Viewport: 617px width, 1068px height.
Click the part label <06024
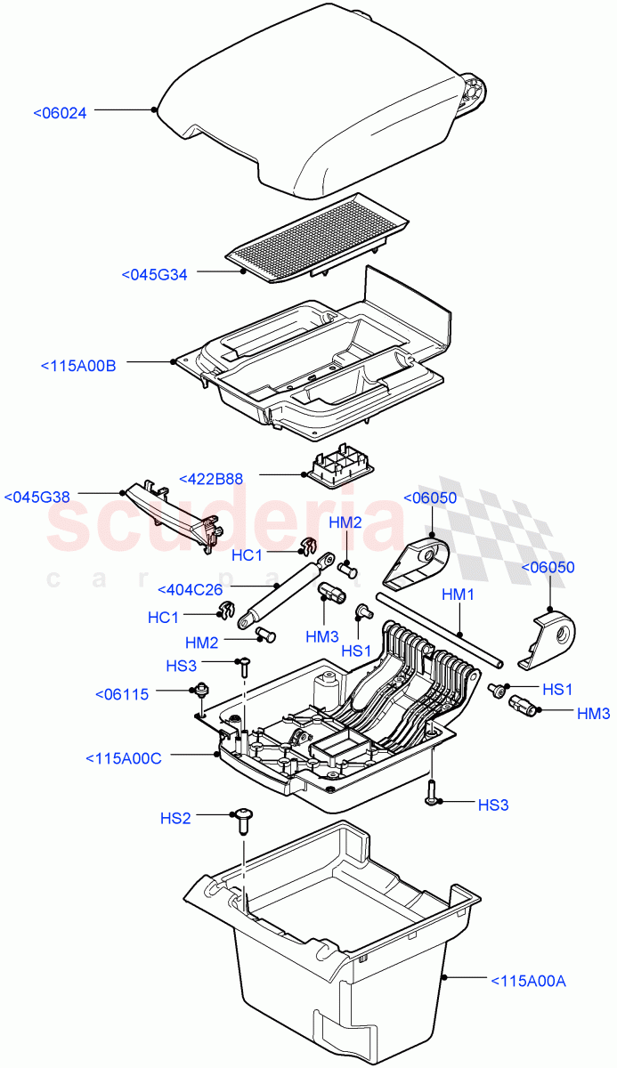click(60, 113)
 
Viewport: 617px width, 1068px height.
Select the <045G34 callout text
click(154, 275)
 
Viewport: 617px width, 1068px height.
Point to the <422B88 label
click(211, 478)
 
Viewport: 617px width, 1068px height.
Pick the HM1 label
click(459, 594)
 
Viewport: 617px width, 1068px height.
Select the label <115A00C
click(124, 758)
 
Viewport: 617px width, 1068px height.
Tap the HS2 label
click(175, 817)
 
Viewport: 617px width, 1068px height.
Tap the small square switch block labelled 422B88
click(341, 465)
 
